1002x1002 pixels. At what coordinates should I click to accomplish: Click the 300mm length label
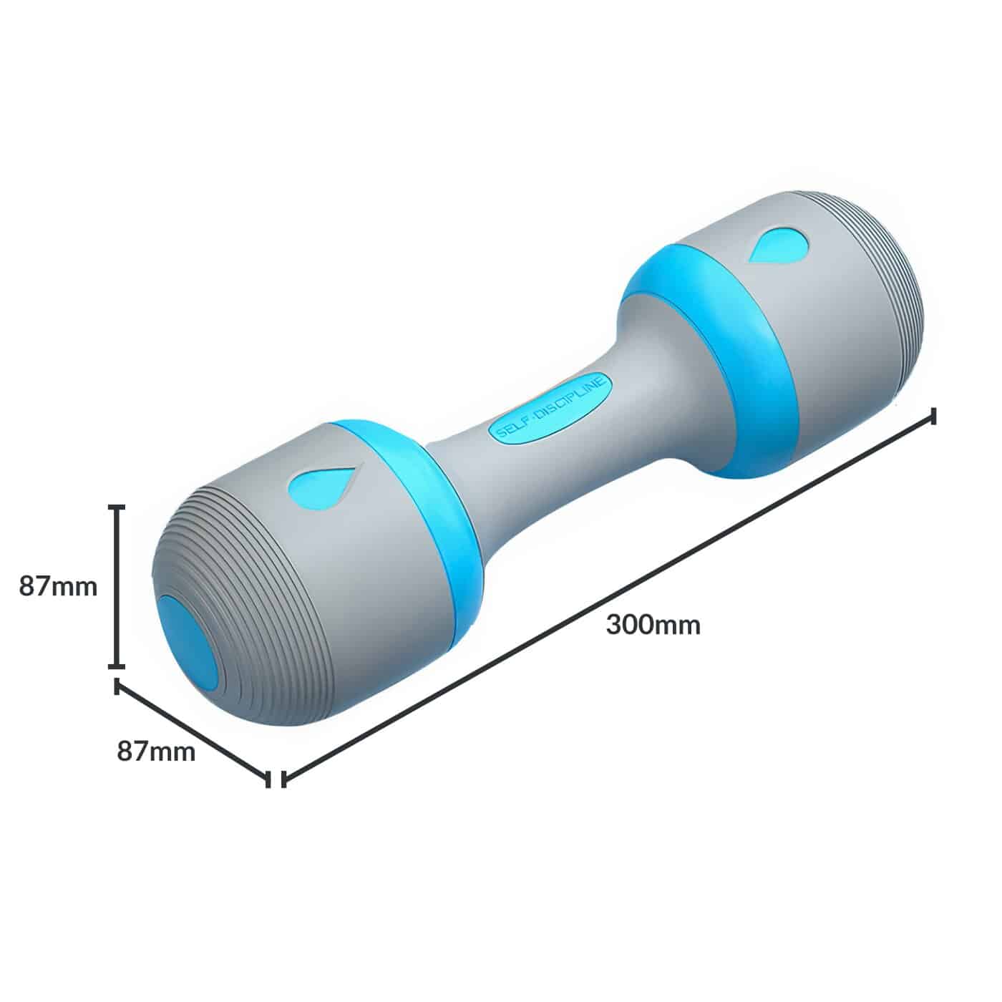[x=653, y=625]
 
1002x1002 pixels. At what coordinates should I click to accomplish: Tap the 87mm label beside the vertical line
[x=57, y=586]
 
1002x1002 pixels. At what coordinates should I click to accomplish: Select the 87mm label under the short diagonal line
[x=156, y=751]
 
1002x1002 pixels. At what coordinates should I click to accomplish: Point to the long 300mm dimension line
[x=608, y=598]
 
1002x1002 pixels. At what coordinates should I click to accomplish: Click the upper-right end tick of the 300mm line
[x=933, y=416]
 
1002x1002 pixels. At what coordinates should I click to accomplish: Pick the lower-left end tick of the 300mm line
[x=284, y=779]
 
